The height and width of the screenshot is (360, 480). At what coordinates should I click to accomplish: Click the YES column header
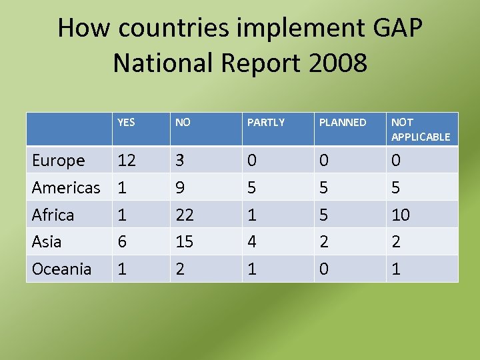pyautogui.click(x=126, y=123)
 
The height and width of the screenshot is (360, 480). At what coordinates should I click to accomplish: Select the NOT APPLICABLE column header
pyautogui.click(x=421, y=129)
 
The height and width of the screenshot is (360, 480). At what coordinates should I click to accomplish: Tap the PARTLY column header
pyautogui.click(x=266, y=123)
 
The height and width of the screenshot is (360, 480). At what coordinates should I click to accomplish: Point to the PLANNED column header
pyautogui.click(x=343, y=123)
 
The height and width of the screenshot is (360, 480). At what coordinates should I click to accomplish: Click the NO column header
pyautogui.click(x=183, y=123)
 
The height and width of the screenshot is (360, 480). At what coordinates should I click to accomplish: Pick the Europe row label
pyautogui.click(x=59, y=161)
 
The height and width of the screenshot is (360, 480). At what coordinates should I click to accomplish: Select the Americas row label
pyautogui.click(x=66, y=188)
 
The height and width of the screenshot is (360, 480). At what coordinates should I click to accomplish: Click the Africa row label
pyautogui.click(x=53, y=215)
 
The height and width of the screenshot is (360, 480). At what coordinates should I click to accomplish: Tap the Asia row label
pyautogui.click(x=47, y=242)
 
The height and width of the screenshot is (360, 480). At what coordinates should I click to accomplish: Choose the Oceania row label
pyautogui.click(x=62, y=269)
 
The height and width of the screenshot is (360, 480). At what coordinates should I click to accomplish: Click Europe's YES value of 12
pyautogui.click(x=127, y=161)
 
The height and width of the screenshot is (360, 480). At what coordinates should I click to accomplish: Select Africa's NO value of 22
pyautogui.click(x=185, y=215)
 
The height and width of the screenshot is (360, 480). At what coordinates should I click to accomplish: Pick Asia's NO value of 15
pyautogui.click(x=185, y=242)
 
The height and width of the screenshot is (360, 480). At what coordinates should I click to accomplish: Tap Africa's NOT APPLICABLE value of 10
pyautogui.click(x=401, y=215)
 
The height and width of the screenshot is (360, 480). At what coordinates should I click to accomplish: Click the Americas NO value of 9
pyautogui.click(x=180, y=188)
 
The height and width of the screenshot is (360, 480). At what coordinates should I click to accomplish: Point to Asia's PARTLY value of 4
pyautogui.click(x=252, y=242)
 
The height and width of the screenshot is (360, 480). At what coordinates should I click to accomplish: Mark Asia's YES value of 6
pyautogui.click(x=122, y=242)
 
